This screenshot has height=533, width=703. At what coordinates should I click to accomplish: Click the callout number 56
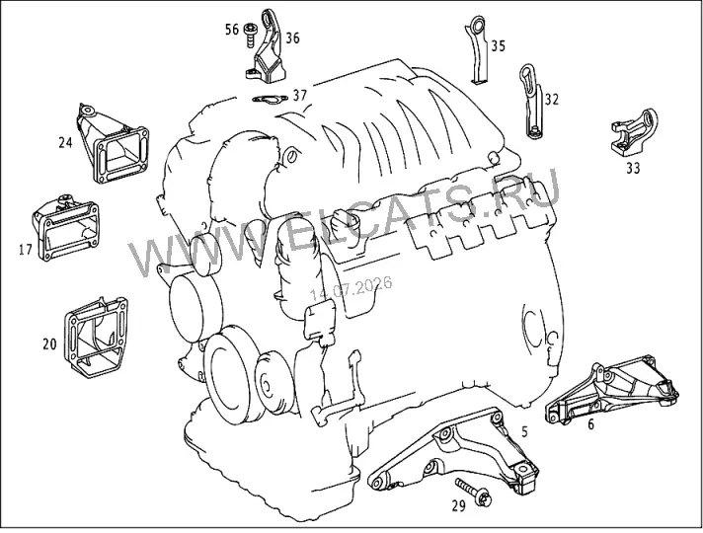232,30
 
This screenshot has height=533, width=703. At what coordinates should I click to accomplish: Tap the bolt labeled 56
249,35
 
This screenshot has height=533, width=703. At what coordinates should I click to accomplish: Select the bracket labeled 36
267,49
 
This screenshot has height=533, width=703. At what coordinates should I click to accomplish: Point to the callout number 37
300,95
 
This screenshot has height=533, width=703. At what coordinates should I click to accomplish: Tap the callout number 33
633,168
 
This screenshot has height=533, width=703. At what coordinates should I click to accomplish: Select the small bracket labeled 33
634,132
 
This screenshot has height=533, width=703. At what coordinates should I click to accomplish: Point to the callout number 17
26,249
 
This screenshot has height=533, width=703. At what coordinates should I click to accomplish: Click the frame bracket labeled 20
96,337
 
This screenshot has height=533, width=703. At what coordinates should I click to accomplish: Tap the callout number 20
49,344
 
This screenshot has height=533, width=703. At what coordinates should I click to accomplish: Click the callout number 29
458,506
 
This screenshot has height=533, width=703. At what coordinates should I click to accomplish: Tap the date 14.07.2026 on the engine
351,288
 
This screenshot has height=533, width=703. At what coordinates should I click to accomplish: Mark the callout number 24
65,142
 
